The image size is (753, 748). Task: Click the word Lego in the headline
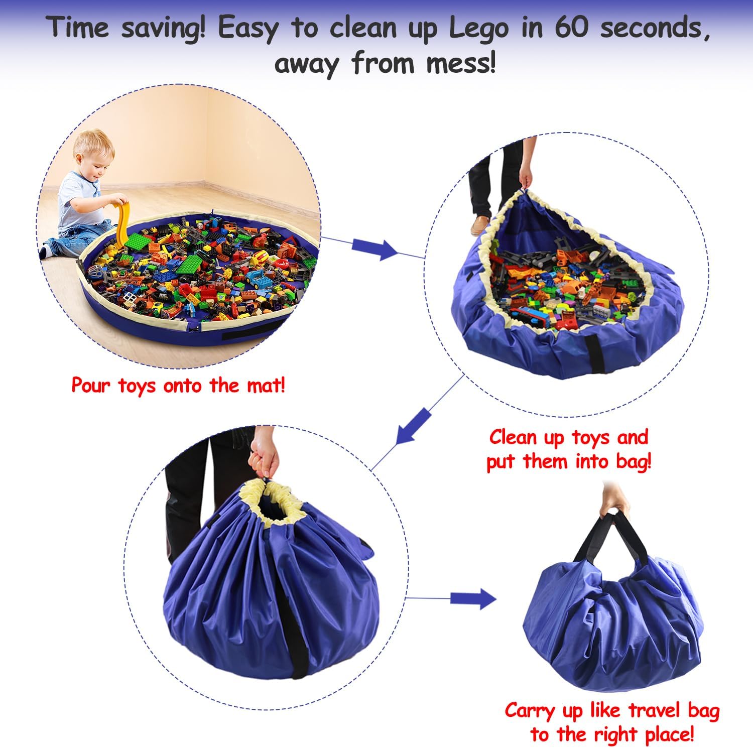[478, 29]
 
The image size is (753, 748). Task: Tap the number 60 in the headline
[571, 28]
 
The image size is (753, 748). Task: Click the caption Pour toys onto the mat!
[178, 386]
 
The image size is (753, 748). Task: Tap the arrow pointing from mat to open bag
[374, 247]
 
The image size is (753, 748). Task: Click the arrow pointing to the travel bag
[472, 598]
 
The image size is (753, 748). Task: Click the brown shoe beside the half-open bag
[480, 225]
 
